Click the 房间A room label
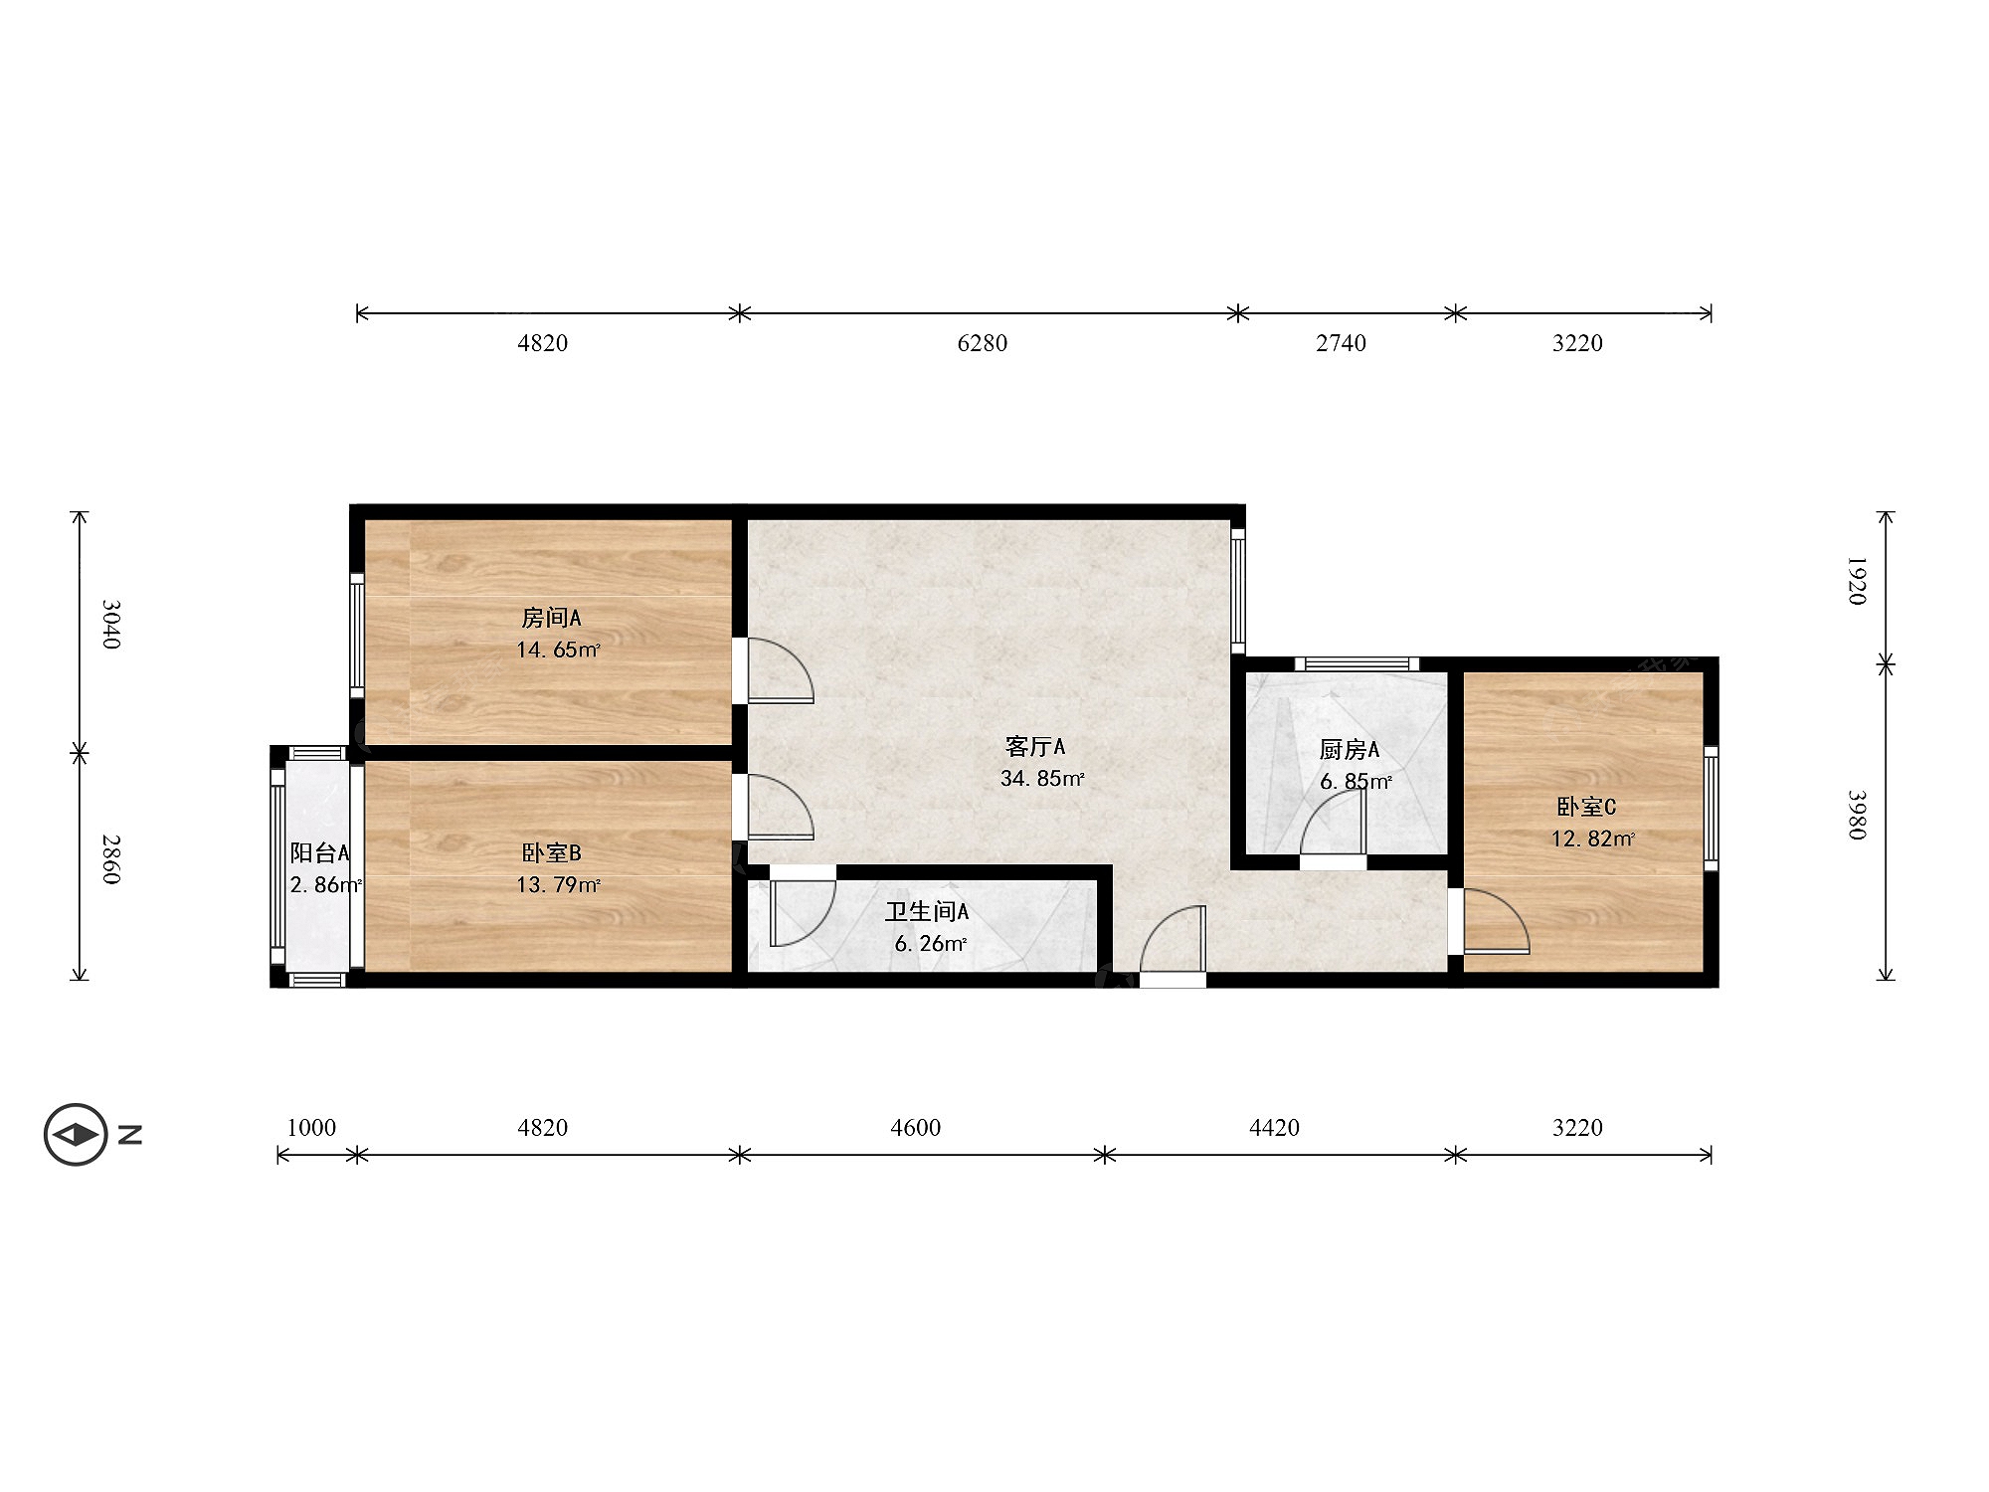click(551, 618)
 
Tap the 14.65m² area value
click(558, 651)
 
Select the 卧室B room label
click(551, 852)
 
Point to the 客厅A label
click(1035, 746)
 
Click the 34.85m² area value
click(1041, 779)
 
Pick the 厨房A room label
click(1349, 749)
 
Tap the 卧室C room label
click(1586, 807)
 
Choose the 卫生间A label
click(927, 911)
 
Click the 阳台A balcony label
click(319, 852)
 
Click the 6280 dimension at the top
click(983, 343)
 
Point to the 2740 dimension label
click(1341, 343)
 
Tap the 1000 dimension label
click(311, 1127)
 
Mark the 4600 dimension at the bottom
click(915, 1127)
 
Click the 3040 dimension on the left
click(111, 624)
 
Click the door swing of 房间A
click(781, 670)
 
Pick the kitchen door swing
click(1333, 823)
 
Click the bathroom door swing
click(803, 912)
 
